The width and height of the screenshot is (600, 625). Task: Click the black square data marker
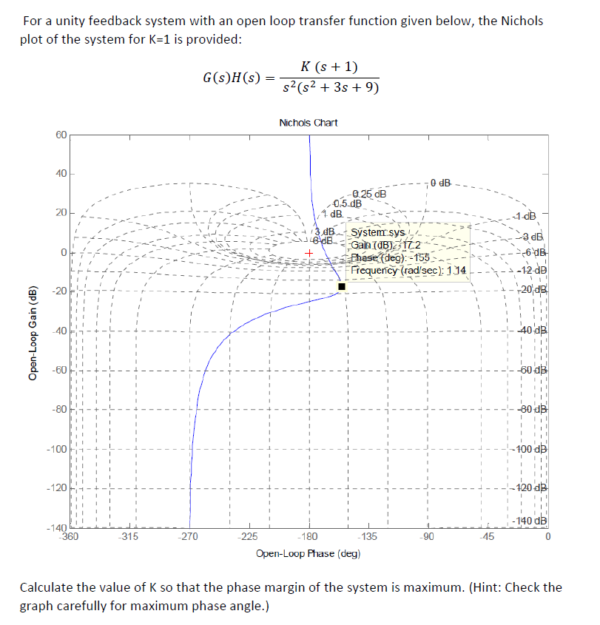tap(341, 286)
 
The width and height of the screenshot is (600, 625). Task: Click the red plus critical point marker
tap(309, 253)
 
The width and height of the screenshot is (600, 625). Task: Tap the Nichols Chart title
tap(309, 123)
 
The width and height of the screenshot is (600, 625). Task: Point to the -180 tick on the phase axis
tap(309, 537)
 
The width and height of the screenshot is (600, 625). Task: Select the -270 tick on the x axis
tap(189, 537)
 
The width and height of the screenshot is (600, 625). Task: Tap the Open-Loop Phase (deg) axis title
tap(309, 553)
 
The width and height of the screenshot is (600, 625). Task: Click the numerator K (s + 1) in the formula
tap(330, 67)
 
